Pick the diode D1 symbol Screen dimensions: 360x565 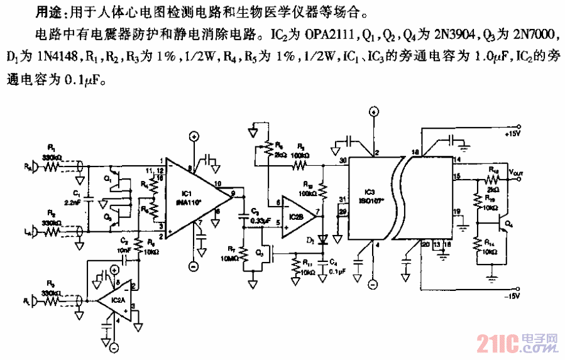[324, 240]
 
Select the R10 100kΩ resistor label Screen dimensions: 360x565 [309, 188]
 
